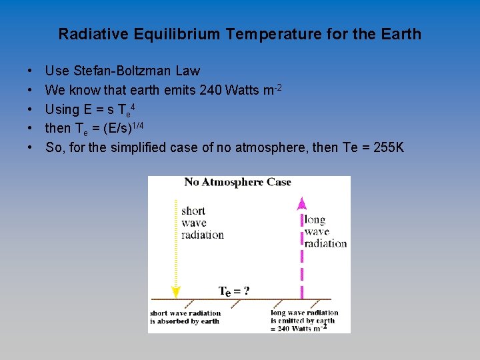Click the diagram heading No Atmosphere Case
pos(238,182)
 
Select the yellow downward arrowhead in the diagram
pos(175,291)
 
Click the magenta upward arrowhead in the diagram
pos(301,203)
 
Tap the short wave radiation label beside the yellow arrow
pos(202,223)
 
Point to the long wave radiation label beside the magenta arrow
pos(325,231)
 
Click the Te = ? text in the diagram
pos(235,291)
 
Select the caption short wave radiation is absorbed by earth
pos(185,317)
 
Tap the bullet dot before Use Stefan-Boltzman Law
pos(31,71)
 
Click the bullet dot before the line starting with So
pos(31,147)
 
